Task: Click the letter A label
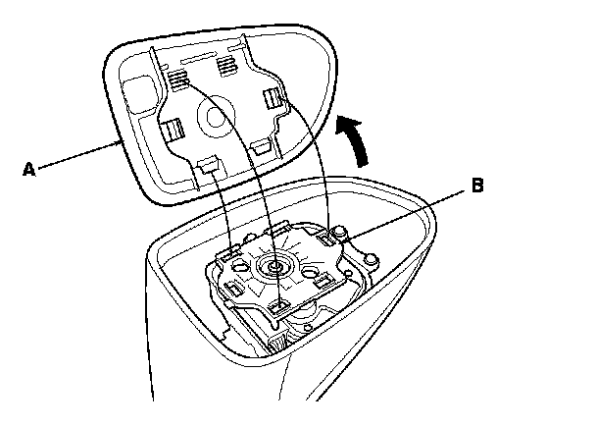pos(28,169)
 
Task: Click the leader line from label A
pos(78,157)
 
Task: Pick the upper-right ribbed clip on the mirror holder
pos(227,66)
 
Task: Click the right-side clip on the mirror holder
pos(274,98)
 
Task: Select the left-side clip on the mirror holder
pos(173,128)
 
